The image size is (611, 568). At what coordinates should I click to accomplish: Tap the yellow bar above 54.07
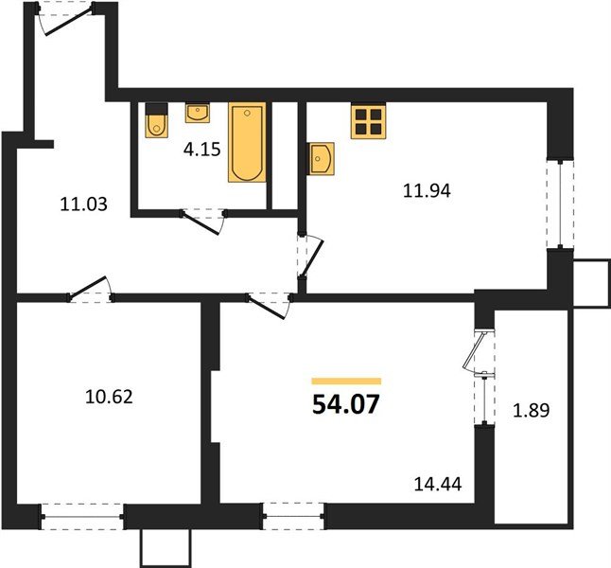[346, 381]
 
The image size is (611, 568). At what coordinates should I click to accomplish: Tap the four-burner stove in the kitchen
[369, 120]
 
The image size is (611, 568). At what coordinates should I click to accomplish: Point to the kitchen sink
[322, 158]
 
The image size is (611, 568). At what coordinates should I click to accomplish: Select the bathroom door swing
[202, 222]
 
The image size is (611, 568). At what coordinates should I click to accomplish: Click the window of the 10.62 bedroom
[83, 516]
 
